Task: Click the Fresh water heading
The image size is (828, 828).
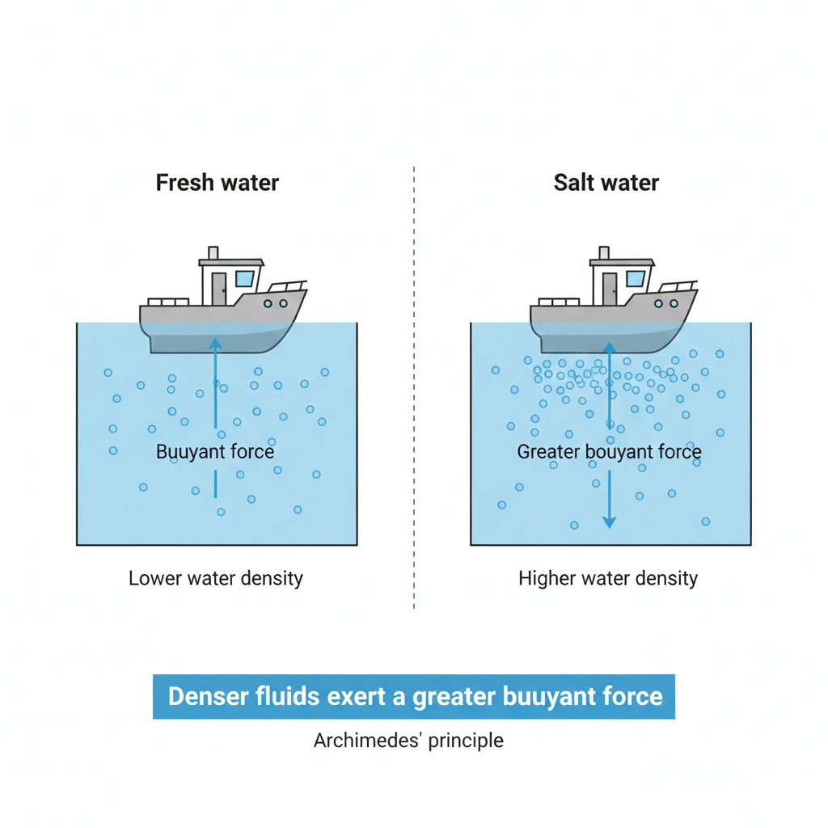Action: pyautogui.click(x=217, y=182)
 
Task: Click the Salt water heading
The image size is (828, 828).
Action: pyautogui.click(x=606, y=182)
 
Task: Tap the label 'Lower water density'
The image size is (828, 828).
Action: pyautogui.click(x=216, y=578)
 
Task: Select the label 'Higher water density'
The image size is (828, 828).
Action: pyautogui.click(x=607, y=578)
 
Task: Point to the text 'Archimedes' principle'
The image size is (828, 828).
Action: pyautogui.click(x=408, y=740)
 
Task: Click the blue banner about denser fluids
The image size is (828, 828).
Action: pyautogui.click(x=413, y=696)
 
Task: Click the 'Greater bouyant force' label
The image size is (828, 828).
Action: pyautogui.click(x=609, y=452)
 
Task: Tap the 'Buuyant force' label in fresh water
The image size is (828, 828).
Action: pyautogui.click(x=215, y=451)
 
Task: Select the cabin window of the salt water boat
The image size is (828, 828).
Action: pyautogui.click(x=635, y=280)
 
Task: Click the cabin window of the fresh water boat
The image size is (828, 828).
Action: pyautogui.click(x=244, y=280)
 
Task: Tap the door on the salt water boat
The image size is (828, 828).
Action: pyautogui.click(x=610, y=288)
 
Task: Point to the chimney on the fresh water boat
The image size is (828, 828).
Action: pyautogui.click(x=213, y=253)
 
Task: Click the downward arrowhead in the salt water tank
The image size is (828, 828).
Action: pyautogui.click(x=610, y=521)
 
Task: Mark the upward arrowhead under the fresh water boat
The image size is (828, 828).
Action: pyautogui.click(x=215, y=343)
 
